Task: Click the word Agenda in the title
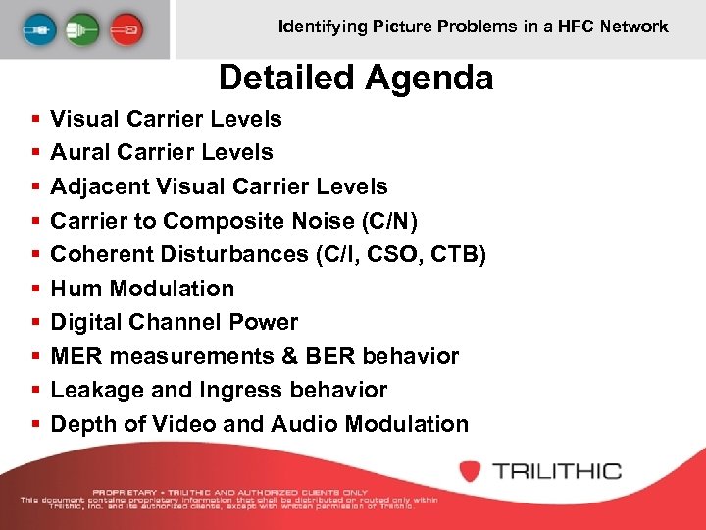point(432,77)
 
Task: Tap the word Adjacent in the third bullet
point(96,186)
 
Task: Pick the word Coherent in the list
point(102,254)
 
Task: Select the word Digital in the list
point(87,322)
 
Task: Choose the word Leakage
point(95,390)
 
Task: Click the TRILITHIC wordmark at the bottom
point(557,470)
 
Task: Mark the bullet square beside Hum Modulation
point(35,289)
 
